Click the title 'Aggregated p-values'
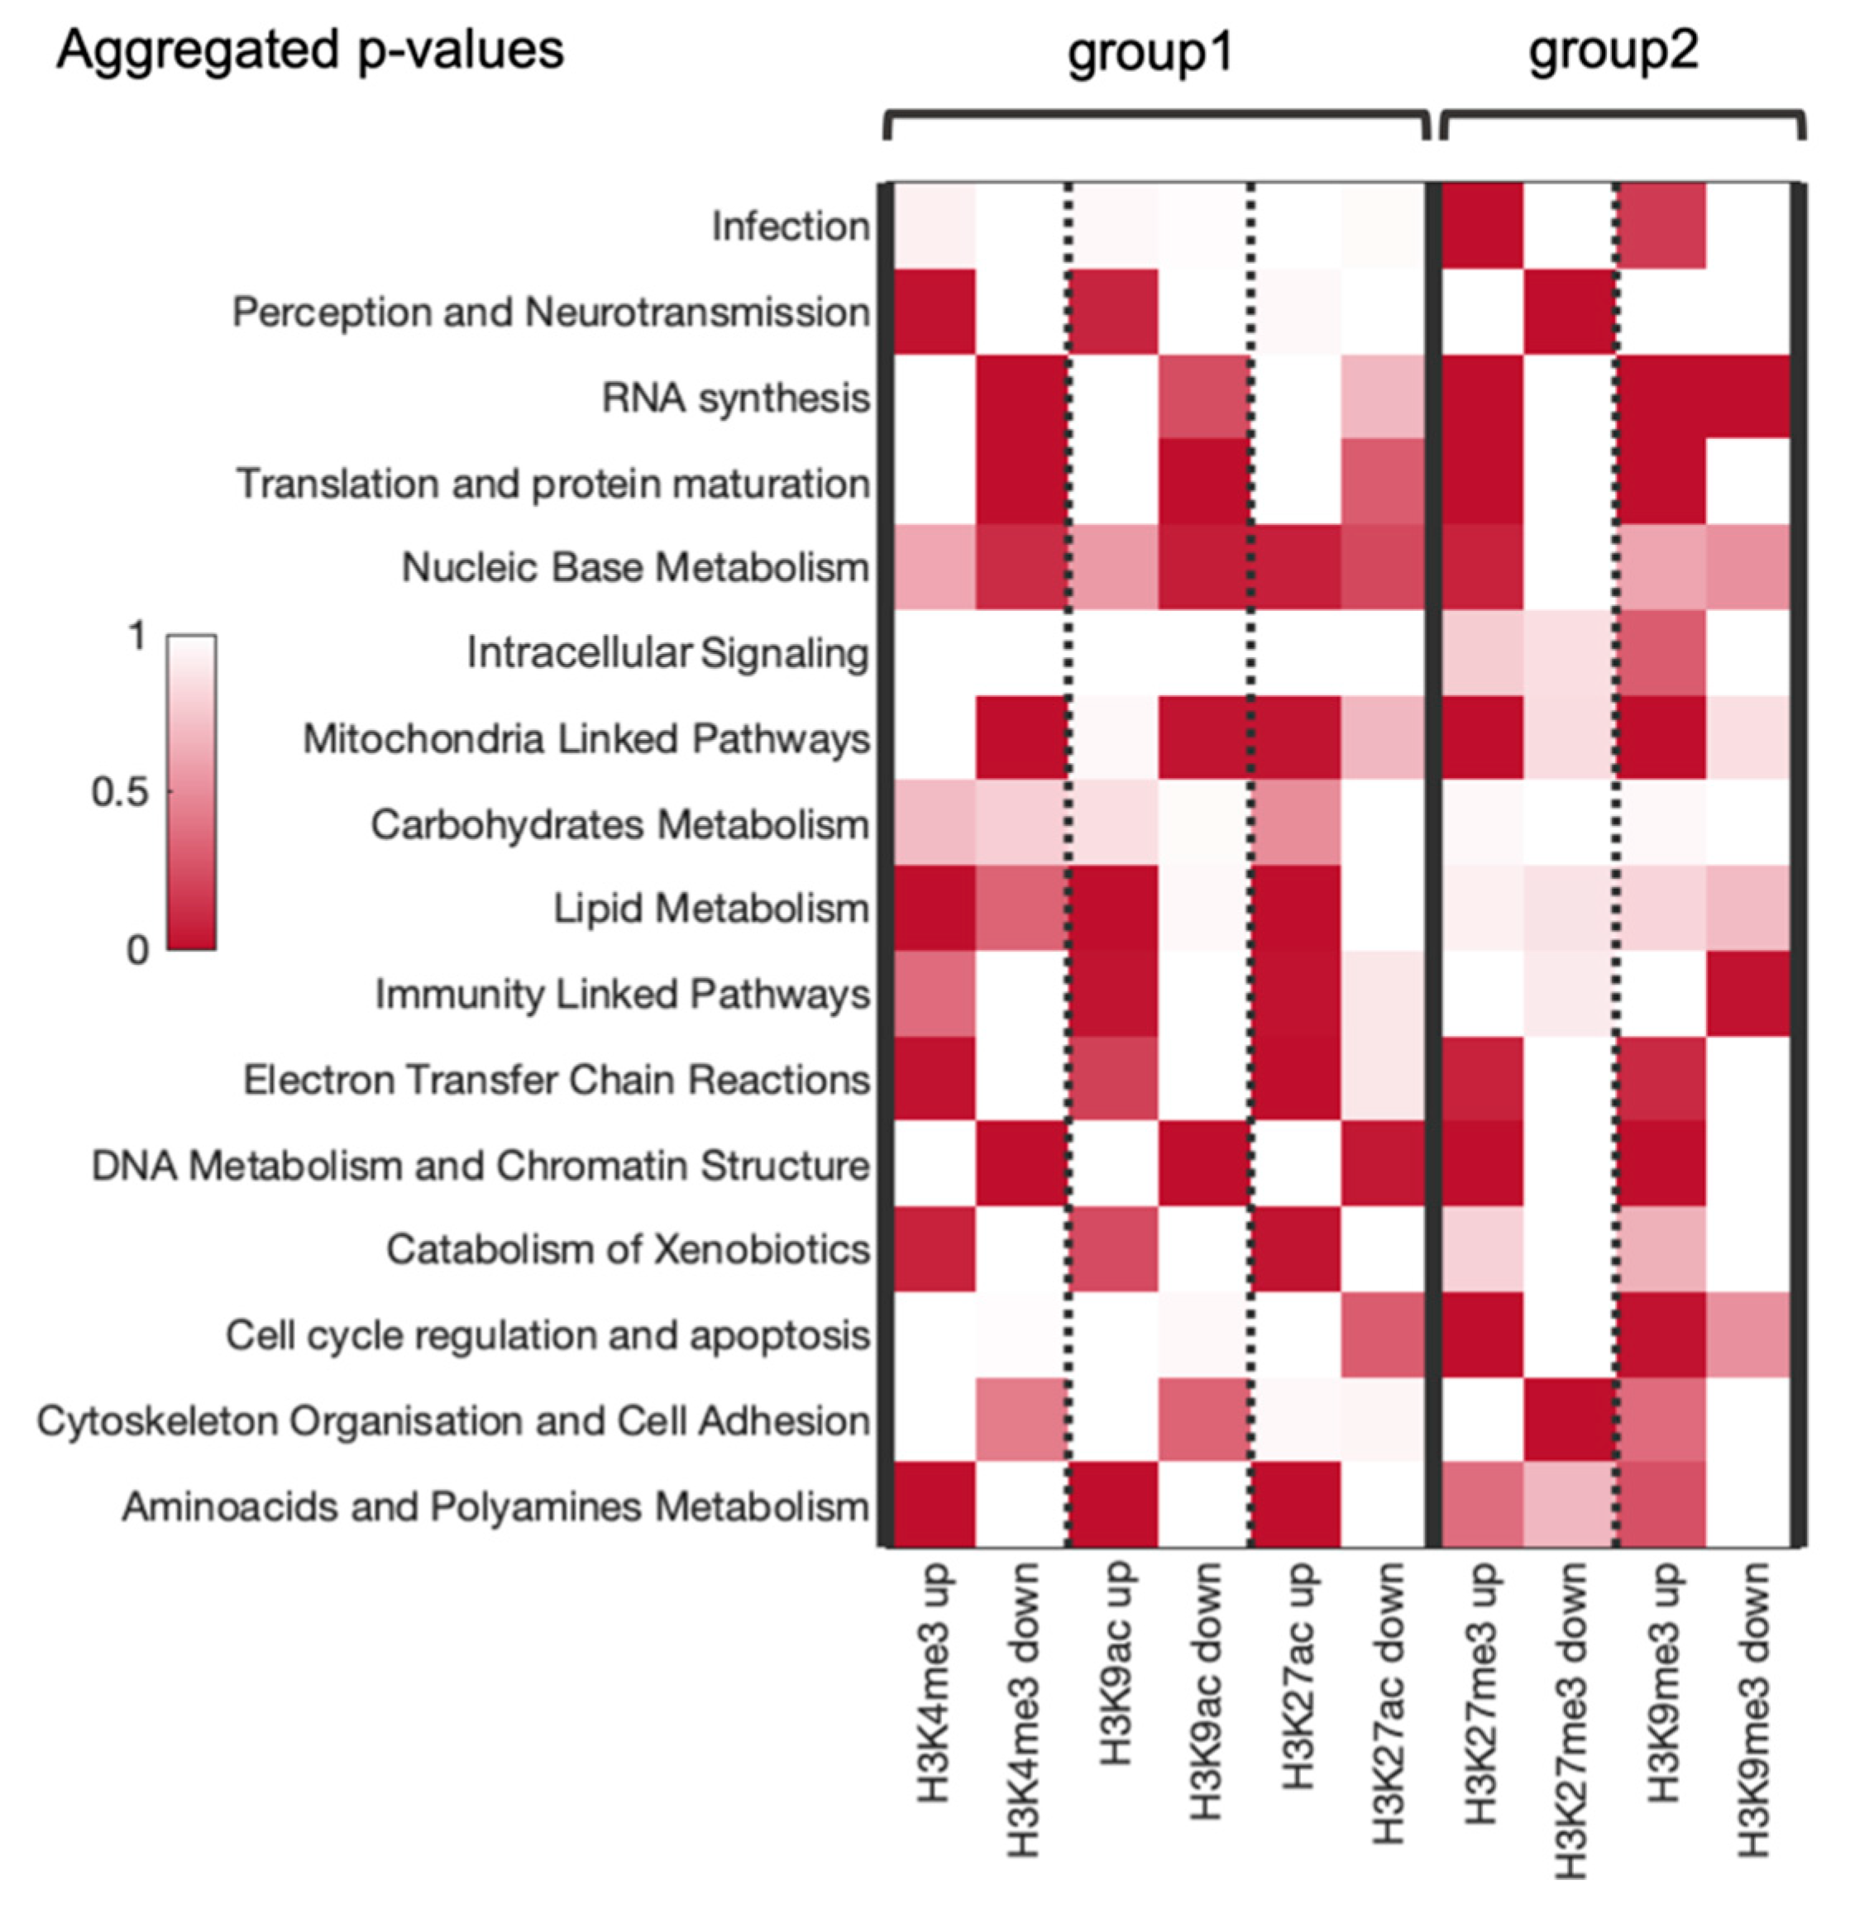tap(310, 49)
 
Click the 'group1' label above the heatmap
tap(1150, 50)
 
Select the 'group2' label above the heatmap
tap(1614, 50)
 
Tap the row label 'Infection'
tap(790, 226)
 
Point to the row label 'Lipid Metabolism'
tap(711, 909)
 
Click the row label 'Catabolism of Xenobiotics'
tap(628, 1248)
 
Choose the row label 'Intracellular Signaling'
tap(667, 652)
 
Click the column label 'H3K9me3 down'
tap(1752, 1709)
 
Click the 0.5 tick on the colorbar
tap(120, 792)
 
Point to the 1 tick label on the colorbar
tap(137, 636)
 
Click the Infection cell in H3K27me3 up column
tap(1481, 226)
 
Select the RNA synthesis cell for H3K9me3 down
tap(1751, 396)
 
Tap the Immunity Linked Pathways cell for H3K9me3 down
tap(1751, 994)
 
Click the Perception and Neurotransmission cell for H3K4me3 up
tap(935, 312)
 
